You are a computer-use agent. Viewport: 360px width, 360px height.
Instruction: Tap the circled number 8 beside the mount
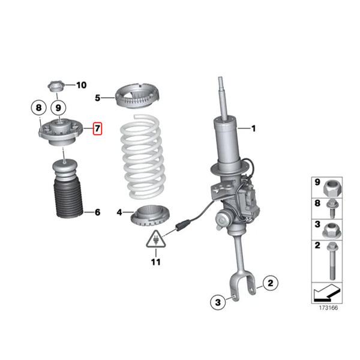(38, 108)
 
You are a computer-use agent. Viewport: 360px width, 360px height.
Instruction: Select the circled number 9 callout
(58, 108)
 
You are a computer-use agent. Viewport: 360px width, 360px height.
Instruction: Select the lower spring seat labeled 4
(148, 215)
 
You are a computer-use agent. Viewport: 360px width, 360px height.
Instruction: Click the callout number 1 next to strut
(253, 128)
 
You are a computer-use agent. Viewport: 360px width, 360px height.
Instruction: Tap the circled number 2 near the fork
(270, 282)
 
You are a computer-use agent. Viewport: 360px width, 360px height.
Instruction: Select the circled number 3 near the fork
(218, 301)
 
